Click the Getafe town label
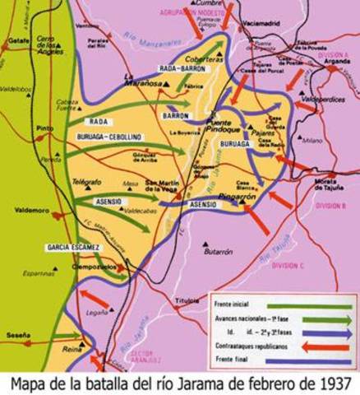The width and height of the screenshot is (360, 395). (x=18, y=39)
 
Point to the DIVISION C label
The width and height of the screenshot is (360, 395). (x=288, y=265)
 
